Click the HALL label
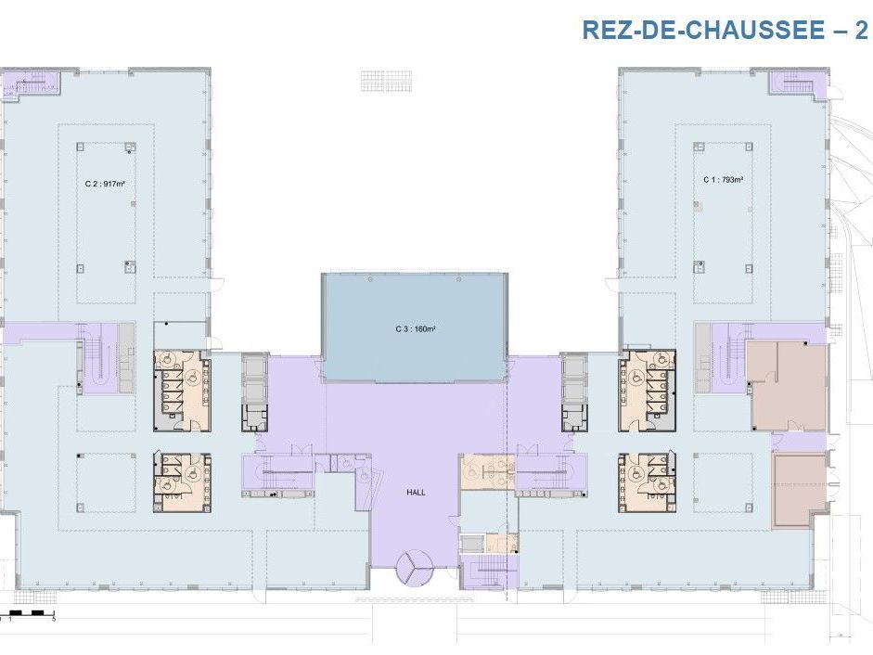pyautogui.click(x=417, y=492)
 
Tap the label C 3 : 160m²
pyautogui.click(x=414, y=328)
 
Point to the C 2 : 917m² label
pyautogui.click(x=104, y=184)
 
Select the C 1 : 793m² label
pyautogui.click(x=723, y=179)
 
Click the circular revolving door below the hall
pyautogui.click(x=415, y=567)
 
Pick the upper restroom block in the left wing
pyautogui.click(x=182, y=390)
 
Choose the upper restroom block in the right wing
pyautogui.click(x=648, y=390)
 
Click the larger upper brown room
pyautogui.click(x=787, y=385)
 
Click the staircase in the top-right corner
pyautogui.click(x=796, y=84)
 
